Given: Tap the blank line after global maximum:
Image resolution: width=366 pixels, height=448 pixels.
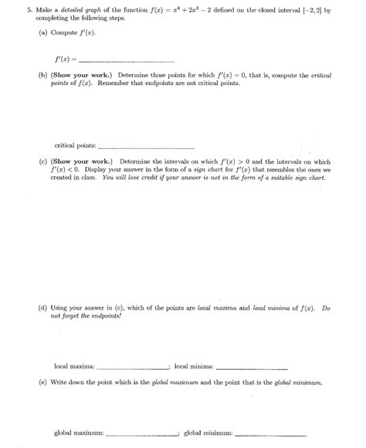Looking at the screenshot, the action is [x=141, y=434].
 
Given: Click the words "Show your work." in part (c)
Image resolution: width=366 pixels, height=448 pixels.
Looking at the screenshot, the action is [x=82, y=161].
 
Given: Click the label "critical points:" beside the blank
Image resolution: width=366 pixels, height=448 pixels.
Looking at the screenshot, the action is [x=76, y=145].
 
